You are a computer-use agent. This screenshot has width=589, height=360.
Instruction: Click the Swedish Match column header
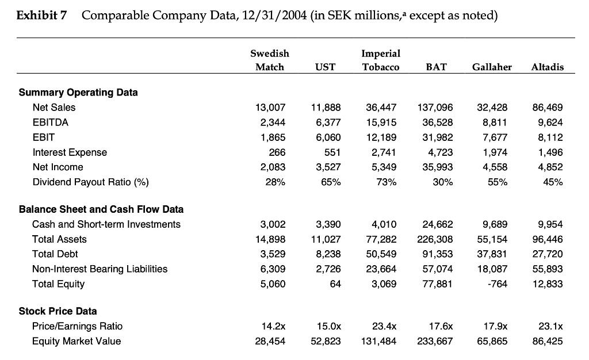click(x=269, y=60)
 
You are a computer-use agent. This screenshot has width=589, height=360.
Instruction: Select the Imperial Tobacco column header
click(x=380, y=60)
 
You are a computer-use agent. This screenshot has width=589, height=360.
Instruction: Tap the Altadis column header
click(x=547, y=67)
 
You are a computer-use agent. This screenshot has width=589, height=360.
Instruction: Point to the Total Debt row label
click(x=55, y=254)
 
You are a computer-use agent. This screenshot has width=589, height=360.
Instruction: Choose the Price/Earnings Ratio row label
click(x=77, y=326)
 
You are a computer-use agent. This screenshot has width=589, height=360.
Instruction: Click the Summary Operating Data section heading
click(x=78, y=92)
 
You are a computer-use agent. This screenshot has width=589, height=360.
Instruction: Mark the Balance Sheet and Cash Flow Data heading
click(x=101, y=209)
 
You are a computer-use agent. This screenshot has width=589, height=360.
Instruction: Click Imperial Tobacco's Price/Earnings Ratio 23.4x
click(x=385, y=326)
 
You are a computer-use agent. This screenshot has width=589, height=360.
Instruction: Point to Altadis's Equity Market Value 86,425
click(x=548, y=341)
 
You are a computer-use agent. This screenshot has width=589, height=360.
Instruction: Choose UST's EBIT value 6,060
click(x=329, y=137)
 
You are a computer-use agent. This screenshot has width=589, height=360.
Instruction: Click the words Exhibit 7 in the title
click(x=41, y=16)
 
